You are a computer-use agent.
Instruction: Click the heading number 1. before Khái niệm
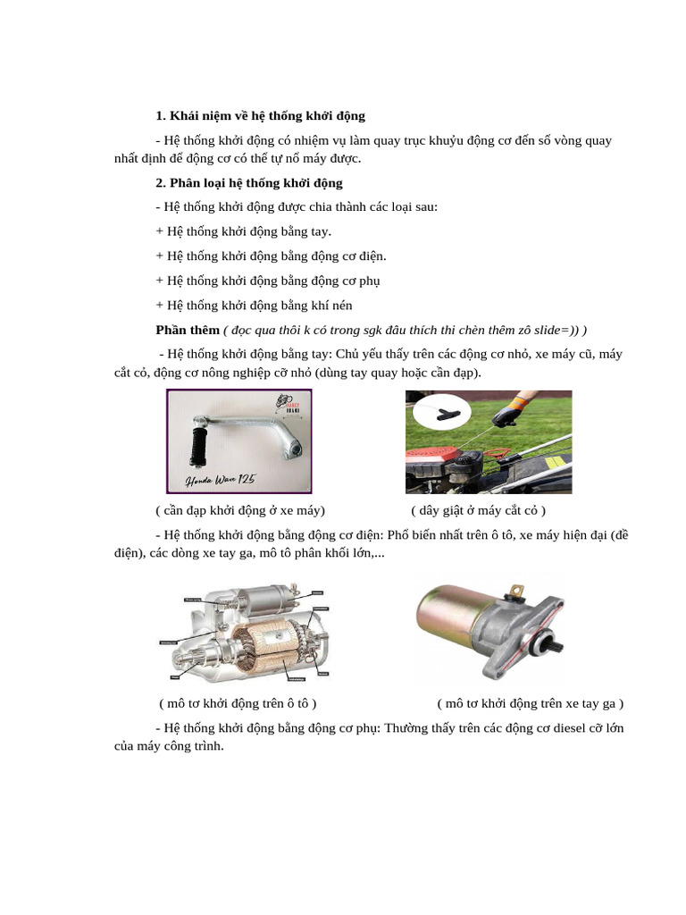tap(161, 116)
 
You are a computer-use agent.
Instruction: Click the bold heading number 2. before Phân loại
tap(161, 183)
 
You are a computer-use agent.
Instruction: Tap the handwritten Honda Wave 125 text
tap(220, 481)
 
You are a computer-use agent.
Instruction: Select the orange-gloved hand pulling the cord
tap(511, 414)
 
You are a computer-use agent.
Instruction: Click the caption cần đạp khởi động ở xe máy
tap(240, 510)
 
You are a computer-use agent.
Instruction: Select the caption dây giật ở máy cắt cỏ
tap(478, 510)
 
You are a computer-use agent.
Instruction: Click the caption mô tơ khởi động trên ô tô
tap(238, 703)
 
